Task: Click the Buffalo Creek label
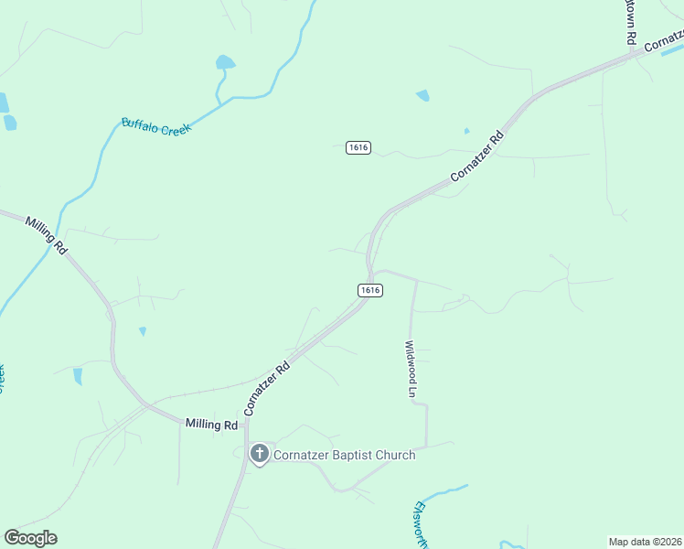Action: pyautogui.click(x=155, y=127)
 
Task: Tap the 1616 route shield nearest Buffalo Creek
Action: pyautogui.click(x=358, y=147)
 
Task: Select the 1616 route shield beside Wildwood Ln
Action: pyautogui.click(x=369, y=290)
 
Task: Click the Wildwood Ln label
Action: pyautogui.click(x=411, y=369)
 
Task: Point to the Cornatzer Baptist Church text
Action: pyautogui.click(x=344, y=455)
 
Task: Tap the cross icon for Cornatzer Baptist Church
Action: pyautogui.click(x=260, y=453)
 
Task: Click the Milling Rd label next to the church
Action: pyautogui.click(x=211, y=425)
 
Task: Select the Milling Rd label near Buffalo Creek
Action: pyautogui.click(x=47, y=236)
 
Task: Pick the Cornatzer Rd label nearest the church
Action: pyautogui.click(x=267, y=388)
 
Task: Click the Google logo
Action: pyautogui.click(x=30, y=538)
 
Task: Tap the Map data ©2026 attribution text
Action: pyautogui.click(x=645, y=542)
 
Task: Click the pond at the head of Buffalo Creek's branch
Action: pyautogui.click(x=224, y=63)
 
